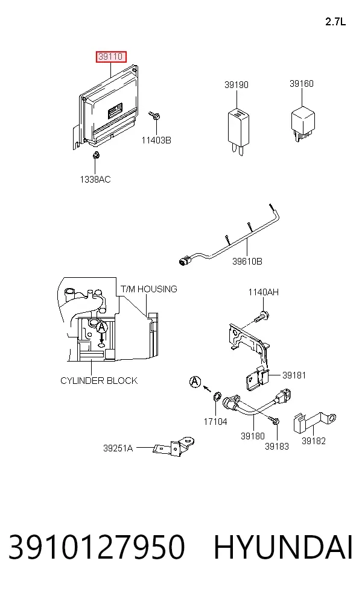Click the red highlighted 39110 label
[110, 57]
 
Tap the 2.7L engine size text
[335, 22]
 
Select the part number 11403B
[156, 140]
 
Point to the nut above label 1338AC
[96, 155]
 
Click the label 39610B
[247, 262]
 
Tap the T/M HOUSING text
[149, 289]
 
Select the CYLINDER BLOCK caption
[99, 380]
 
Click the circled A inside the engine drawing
[101, 327]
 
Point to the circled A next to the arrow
[195, 382]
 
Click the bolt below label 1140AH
[262, 316]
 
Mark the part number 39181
[294, 375]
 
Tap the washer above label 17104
[217, 397]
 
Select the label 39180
[253, 436]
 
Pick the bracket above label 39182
[314, 422]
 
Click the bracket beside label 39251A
[174, 447]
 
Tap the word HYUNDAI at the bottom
[283, 547]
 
